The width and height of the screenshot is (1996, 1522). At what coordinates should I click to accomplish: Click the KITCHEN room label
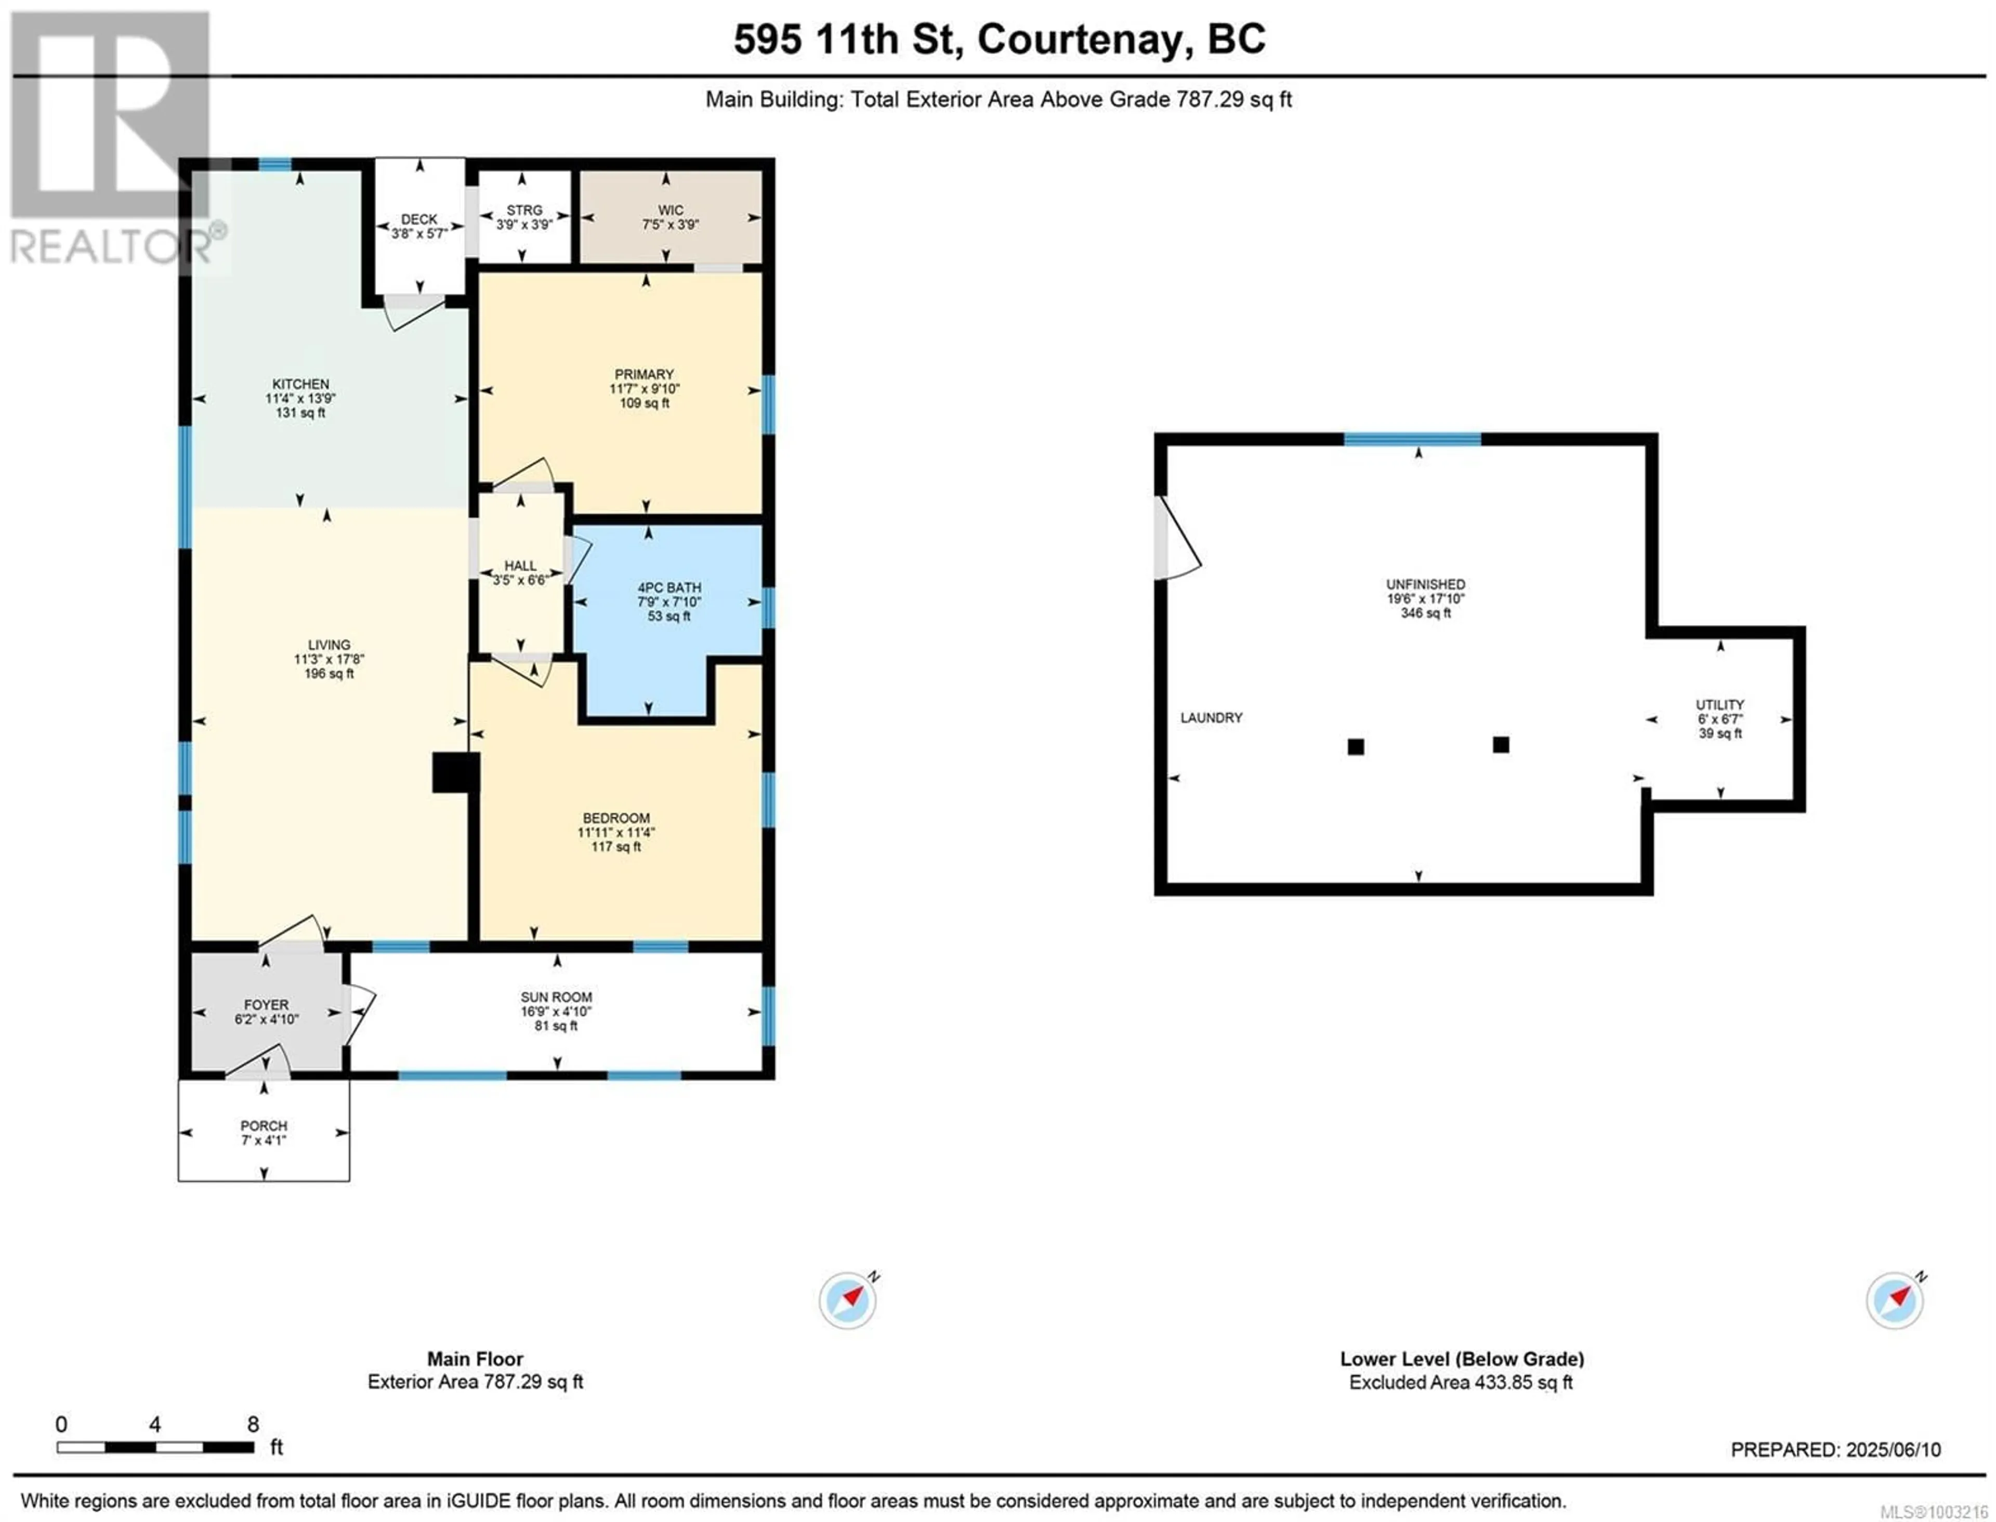point(301,384)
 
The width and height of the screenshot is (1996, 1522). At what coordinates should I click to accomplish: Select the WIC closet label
point(671,210)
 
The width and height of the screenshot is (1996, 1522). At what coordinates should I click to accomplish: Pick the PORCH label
point(264,1126)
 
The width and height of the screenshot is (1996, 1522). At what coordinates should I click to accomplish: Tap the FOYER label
point(266,1005)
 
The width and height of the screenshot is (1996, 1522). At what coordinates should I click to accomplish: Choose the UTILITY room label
point(1719,705)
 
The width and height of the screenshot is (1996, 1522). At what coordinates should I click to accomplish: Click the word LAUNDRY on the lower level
point(1211,717)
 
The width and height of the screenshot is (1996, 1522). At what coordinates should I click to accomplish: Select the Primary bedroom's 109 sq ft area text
point(644,403)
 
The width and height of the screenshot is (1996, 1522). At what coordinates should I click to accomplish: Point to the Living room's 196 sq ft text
point(329,674)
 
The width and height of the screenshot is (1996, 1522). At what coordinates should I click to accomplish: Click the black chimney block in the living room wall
point(455,773)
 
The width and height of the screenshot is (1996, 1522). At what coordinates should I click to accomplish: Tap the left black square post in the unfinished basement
point(1356,746)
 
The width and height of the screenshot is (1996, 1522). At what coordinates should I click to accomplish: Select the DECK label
point(419,219)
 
